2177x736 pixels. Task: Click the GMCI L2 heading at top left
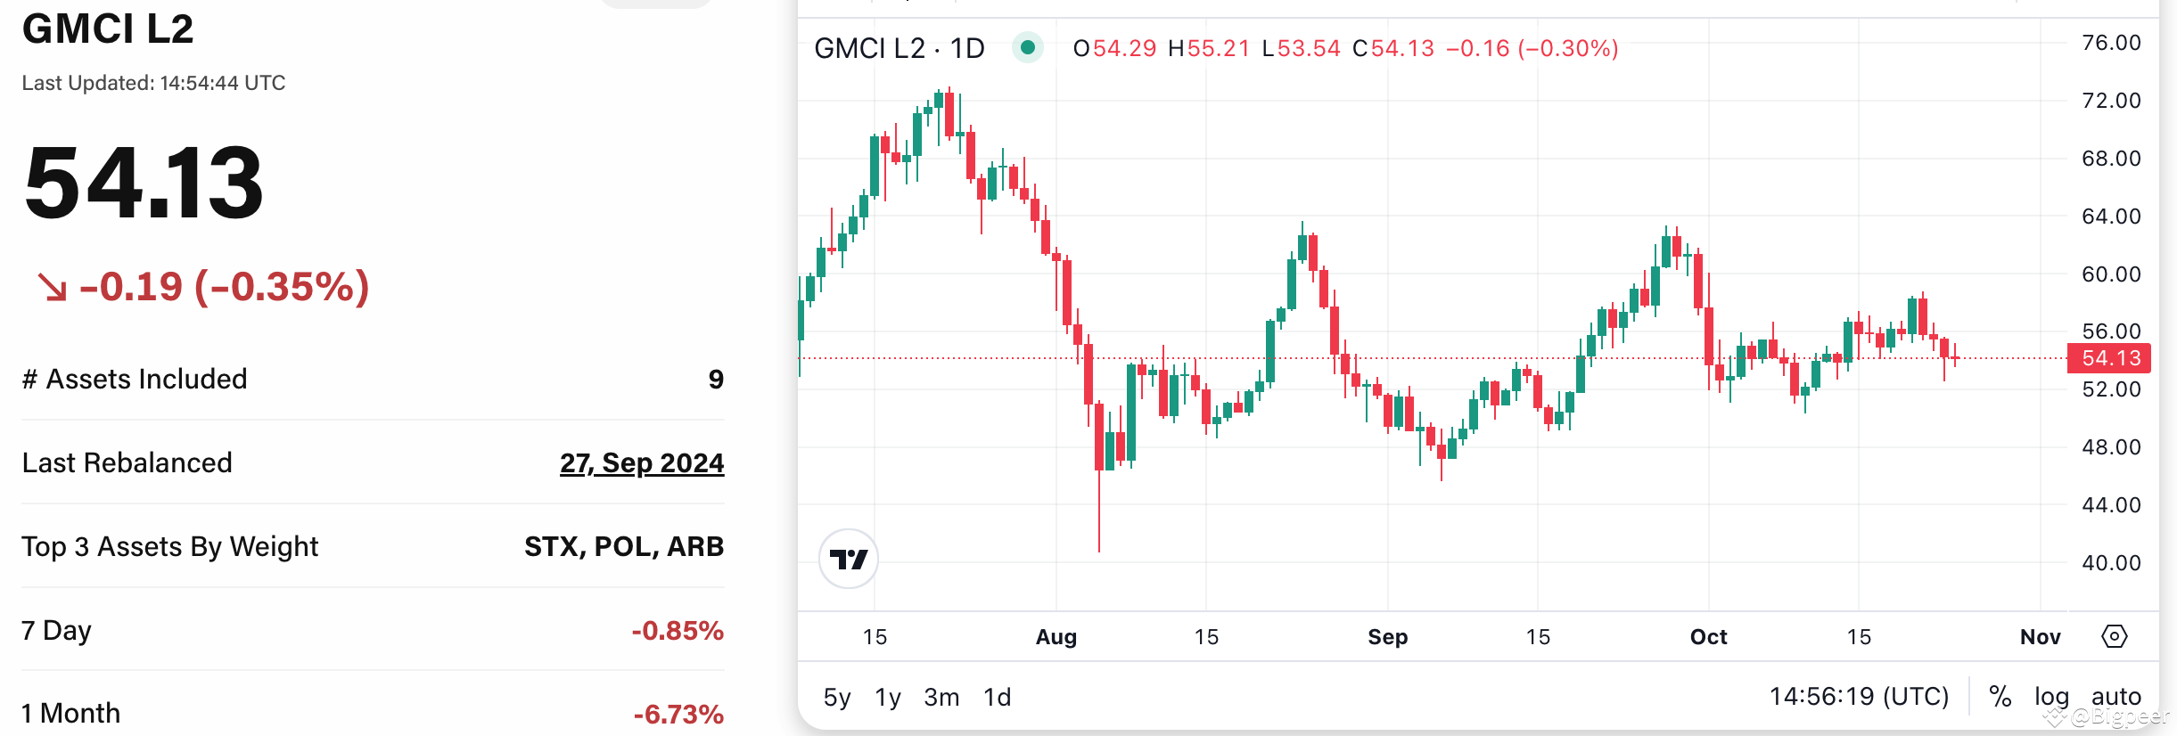[x=108, y=29]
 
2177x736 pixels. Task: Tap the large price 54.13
[x=144, y=183]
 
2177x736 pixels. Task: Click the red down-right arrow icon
[x=52, y=287]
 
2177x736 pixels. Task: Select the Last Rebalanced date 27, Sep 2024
[x=641, y=463]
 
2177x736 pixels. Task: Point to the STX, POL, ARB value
[x=623, y=546]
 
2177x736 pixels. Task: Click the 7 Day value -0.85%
[x=677, y=631]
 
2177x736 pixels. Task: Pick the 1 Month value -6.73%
[x=678, y=714]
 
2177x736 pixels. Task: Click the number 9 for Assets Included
[x=716, y=380]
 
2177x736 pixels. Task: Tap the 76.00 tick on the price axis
[x=2110, y=43]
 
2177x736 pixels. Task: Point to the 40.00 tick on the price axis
[x=2110, y=563]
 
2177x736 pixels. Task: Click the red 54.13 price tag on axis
[x=2109, y=358]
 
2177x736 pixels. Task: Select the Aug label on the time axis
[x=1056, y=637]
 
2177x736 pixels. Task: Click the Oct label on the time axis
[x=1708, y=637]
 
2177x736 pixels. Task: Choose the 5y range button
[x=836, y=697]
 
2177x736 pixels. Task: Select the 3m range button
[x=941, y=697]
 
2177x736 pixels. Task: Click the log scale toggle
[x=2050, y=697]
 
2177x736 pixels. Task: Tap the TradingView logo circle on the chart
[x=849, y=560]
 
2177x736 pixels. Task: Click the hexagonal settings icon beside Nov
[x=2115, y=636]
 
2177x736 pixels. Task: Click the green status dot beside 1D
[x=1027, y=47]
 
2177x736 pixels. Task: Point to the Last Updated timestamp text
[x=153, y=83]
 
